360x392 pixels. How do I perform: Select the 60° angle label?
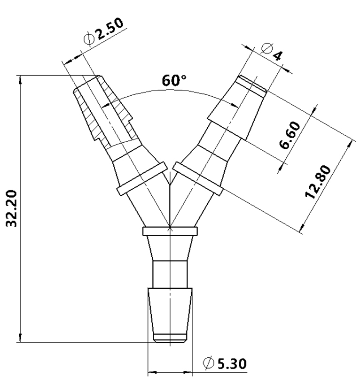(174, 81)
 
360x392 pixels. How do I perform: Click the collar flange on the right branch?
(197, 178)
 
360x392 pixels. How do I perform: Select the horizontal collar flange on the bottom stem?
(170, 231)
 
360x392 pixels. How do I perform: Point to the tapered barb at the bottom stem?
(170, 312)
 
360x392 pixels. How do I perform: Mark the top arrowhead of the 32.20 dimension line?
(20, 80)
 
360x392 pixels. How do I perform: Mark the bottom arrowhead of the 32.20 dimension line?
(20, 338)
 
